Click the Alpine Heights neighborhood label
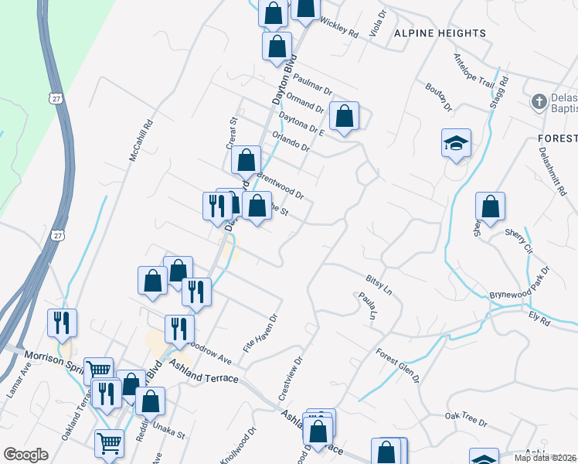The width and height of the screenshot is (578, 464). click(x=440, y=33)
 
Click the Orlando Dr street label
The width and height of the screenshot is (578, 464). click(x=291, y=141)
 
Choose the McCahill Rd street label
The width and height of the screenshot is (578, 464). click(x=140, y=140)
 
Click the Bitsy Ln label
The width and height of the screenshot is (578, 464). click(x=379, y=283)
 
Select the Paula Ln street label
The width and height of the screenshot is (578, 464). click(x=365, y=307)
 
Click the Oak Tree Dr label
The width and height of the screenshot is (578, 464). click(x=466, y=420)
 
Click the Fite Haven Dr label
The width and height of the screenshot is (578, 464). click(x=260, y=334)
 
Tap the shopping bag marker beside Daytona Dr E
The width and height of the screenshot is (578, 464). click(x=345, y=117)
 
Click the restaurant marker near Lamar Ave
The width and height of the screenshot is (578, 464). click(x=62, y=322)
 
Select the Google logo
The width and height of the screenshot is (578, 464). click(x=26, y=454)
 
